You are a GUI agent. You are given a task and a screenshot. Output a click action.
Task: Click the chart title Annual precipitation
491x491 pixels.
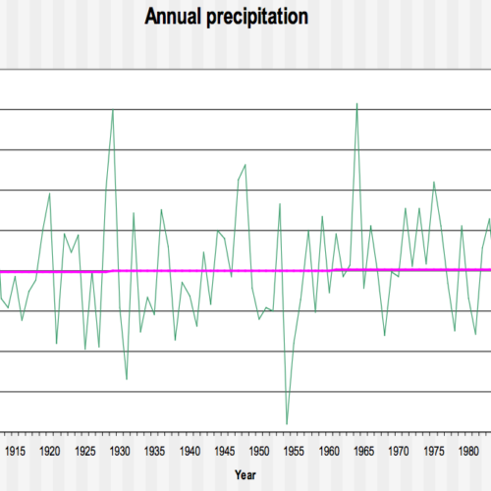coord(226,17)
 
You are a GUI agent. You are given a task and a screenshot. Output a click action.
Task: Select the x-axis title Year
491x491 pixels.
coord(245,474)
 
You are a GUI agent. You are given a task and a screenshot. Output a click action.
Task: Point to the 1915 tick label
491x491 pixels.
coord(15,451)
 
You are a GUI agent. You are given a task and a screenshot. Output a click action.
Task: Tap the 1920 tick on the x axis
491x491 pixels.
coord(49,451)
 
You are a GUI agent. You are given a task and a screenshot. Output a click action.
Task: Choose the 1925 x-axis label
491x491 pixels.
coord(84,451)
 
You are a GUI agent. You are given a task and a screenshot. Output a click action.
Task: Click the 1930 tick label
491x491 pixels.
coord(120,451)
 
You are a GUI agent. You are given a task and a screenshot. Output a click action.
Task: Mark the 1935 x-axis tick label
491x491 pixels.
coord(154,451)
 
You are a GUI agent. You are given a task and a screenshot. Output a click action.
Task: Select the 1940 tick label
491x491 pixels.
coord(190,451)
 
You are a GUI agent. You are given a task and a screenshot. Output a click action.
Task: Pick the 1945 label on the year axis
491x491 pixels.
coord(224,451)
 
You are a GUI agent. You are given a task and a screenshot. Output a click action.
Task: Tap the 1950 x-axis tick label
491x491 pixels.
coord(259,451)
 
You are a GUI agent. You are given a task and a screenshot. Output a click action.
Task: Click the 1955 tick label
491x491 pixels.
coord(294,451)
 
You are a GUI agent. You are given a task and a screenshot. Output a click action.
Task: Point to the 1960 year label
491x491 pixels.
coord(329,451)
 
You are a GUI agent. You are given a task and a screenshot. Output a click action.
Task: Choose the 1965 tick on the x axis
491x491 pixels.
coord(363,451)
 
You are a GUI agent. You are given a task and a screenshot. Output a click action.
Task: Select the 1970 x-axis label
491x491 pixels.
coord(399,451)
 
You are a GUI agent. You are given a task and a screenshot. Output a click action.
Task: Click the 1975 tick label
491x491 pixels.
coord(433,451)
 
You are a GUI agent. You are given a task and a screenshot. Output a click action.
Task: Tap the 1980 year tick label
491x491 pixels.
coord(468,451)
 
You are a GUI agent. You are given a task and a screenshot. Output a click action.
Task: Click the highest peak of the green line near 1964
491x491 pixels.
coord(356,103)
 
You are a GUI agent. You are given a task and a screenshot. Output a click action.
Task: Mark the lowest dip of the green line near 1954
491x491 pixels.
coord(287,423)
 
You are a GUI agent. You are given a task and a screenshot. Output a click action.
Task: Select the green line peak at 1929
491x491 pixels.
coord(113,110)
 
